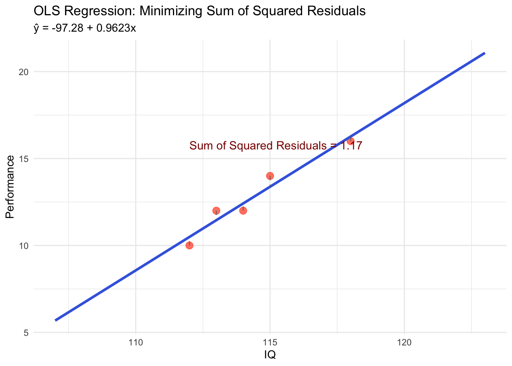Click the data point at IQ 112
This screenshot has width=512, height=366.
189,245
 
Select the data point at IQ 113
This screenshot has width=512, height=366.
216,210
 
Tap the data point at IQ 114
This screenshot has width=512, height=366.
243,210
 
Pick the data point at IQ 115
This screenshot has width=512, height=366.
270,176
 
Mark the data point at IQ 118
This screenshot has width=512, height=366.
350,141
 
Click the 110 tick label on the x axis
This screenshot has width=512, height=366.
136,342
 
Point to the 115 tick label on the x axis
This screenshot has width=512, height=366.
270,342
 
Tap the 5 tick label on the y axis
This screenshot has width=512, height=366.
26,333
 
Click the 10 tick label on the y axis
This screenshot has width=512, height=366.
24,246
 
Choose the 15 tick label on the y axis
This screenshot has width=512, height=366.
24,159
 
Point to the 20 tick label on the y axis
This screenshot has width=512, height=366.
24,72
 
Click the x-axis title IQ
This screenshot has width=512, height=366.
270,355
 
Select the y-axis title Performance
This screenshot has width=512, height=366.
10,187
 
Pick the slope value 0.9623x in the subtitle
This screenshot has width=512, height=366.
116,29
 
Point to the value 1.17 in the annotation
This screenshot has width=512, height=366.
350,146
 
